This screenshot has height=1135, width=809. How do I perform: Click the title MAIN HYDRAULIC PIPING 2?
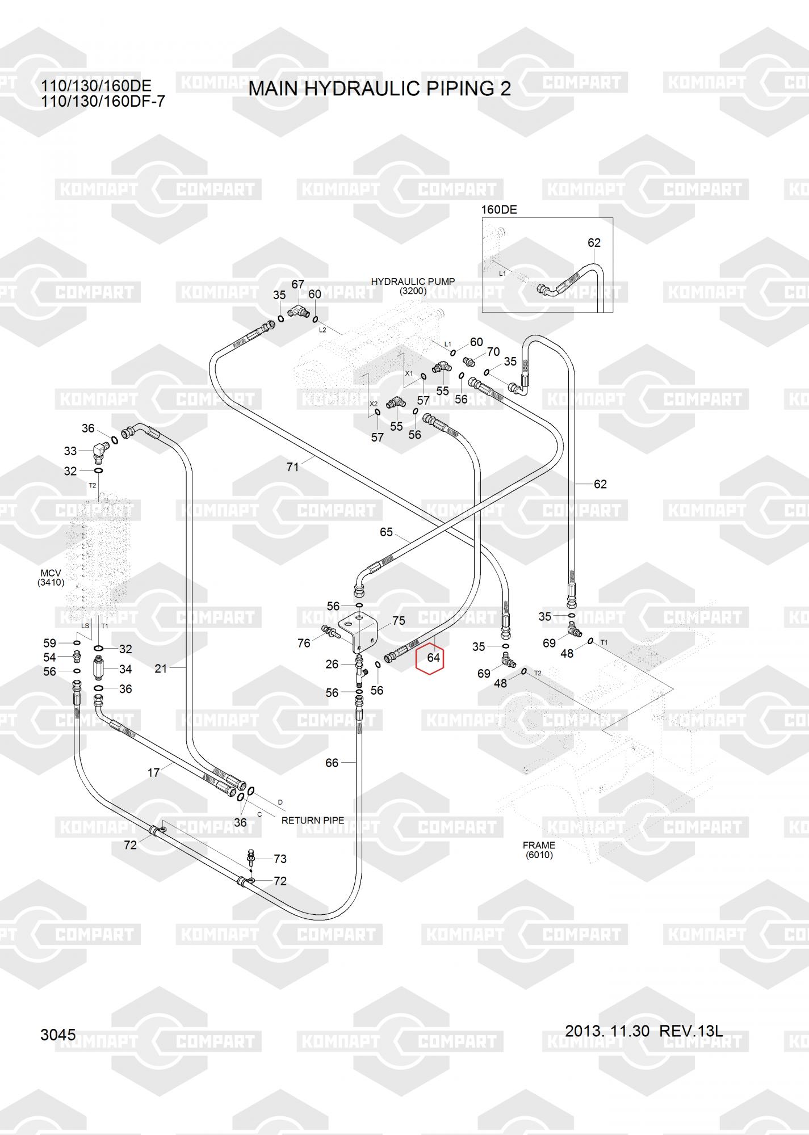point(379,89)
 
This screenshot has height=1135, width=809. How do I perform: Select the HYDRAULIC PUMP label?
point(413,282)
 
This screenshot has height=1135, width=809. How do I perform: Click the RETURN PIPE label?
point(312,820)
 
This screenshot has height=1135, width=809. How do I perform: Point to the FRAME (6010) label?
point(539,850)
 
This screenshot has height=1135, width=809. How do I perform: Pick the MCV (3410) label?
point(51,578)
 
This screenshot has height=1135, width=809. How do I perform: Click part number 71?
point(292,467)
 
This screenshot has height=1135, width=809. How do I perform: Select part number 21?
point(161,669)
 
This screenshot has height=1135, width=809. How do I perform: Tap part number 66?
point(332,763)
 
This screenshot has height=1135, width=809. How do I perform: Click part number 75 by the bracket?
point(399,621)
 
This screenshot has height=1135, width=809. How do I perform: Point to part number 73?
point(280,859)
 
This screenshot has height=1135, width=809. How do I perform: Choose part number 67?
point(297,284)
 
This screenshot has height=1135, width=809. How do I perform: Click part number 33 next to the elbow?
point(70,451)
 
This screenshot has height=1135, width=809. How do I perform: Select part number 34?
point(125,669)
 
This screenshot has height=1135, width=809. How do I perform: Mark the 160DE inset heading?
point(499,209)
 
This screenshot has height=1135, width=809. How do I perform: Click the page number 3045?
point(58,1035)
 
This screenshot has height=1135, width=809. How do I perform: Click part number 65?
point(386,532)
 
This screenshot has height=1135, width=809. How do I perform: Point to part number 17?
point(153,772)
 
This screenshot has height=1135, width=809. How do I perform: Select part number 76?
point(304,643)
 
